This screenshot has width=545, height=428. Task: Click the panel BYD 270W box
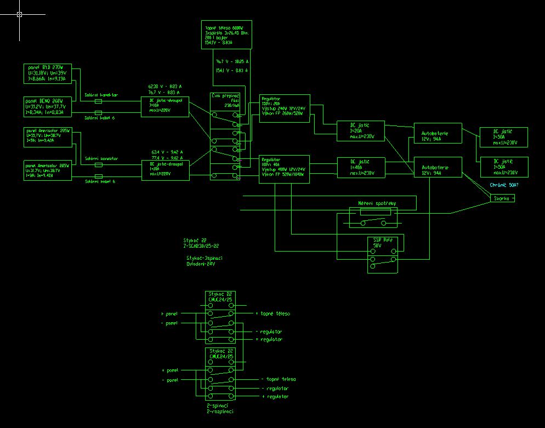48,73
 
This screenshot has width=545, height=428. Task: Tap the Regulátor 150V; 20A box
285,109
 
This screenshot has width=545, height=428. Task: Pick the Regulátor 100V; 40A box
285,169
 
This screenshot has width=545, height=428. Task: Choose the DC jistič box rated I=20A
360,130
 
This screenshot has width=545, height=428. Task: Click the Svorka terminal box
502,198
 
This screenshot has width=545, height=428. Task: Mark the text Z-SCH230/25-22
201,246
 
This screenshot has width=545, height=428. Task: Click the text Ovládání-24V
201,264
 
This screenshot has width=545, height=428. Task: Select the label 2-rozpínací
220,411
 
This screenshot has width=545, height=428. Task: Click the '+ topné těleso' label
272,313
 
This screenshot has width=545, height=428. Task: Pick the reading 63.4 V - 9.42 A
167,152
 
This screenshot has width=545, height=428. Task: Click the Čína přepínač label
225,95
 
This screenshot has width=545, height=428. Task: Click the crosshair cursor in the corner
19,15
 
